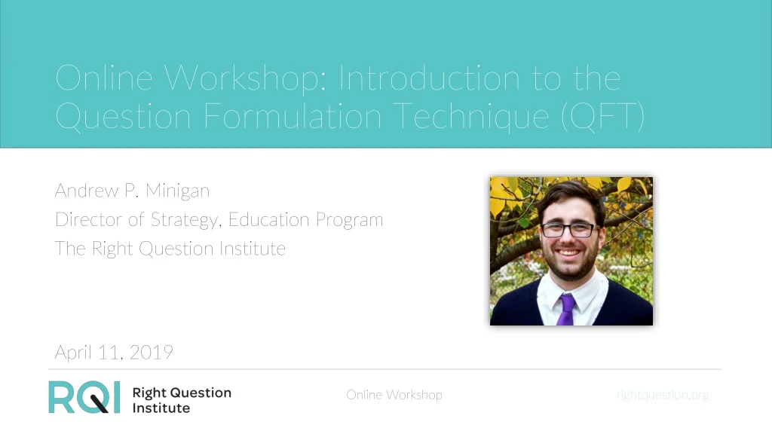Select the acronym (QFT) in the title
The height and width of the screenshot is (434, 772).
[x=602, y=116]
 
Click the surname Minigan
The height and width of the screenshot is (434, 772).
[x=177, y=191]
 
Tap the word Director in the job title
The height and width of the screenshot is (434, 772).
[x=88, y=220]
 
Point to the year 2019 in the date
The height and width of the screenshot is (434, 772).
[x=152, y=352]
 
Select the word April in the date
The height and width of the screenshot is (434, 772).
[x=75, y=352]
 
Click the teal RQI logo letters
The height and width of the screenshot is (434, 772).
[x=84, y=397]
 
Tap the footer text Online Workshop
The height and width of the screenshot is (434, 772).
[x=394, y=395]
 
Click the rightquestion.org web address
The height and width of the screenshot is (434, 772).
[x=663, y=395]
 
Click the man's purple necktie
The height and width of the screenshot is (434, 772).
[x=565, y=309]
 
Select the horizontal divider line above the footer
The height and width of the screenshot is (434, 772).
[x=384, y=369]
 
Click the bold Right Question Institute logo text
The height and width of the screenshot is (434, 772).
[x=182, y=400]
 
